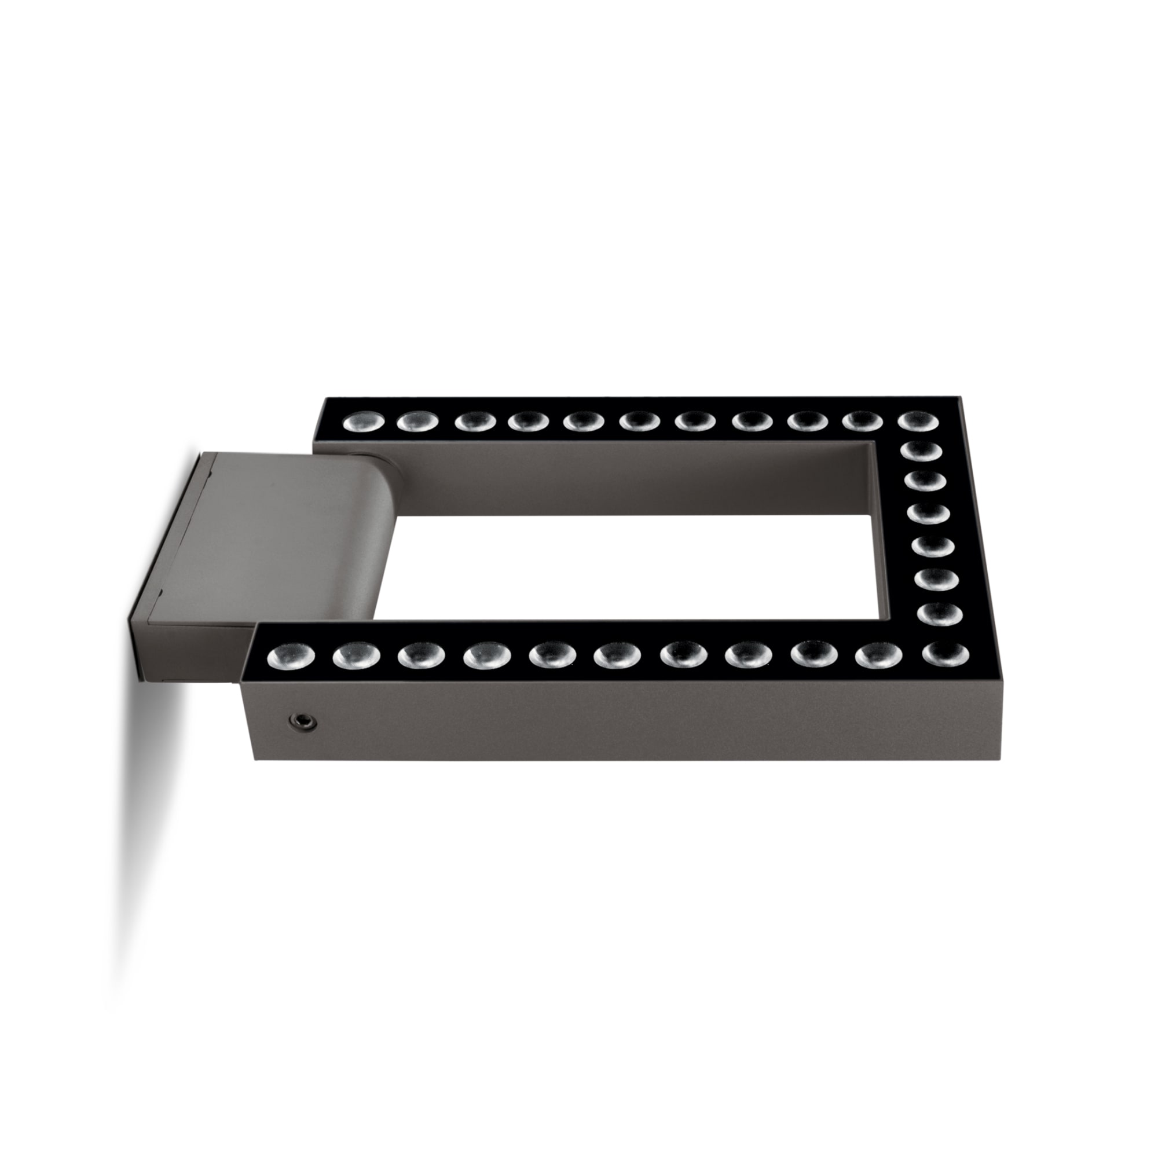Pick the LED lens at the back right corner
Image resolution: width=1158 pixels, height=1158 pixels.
click(x=918, y=422)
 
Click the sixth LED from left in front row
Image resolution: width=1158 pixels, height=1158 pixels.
click(x=614, y=655)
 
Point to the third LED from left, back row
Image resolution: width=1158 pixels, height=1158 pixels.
click(x=475, y=422)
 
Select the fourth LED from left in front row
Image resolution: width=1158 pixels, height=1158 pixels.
click(x=483, y=657)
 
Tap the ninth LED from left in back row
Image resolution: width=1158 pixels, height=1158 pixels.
click(x=807, y=422)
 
